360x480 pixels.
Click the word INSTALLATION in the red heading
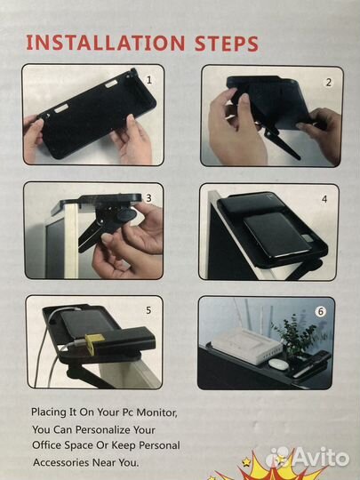pyautogui.click(x=106, y=43)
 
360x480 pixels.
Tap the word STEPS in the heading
pyautogui.click(x=227, y=44)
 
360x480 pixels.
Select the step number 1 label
pyautogui.click(x=149, y=80)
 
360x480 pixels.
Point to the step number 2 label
pyautogui.click(x=329, y=83)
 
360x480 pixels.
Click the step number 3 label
pyautogui.click(x=148, y=198)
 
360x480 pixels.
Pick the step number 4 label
pyautogui.click(x=324, y=199)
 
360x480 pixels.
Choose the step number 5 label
pyautogui.click(x=148, y=310)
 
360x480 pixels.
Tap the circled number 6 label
pyautogui.click(x=321, y=312)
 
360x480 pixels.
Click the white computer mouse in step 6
pyautogui.click(x=278, y=364)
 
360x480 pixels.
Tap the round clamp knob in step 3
pyautogui.click(x=126, y=215)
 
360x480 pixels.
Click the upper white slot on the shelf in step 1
pyautogui.click(x=112, y=84)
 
